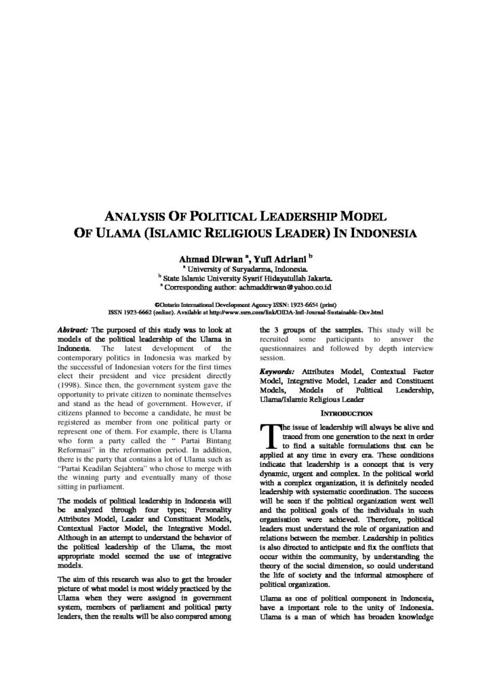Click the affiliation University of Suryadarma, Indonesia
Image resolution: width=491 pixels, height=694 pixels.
[246, 268]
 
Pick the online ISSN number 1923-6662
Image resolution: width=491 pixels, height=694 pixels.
[139, 313]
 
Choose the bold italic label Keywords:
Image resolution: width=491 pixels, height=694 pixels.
[277, 372]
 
